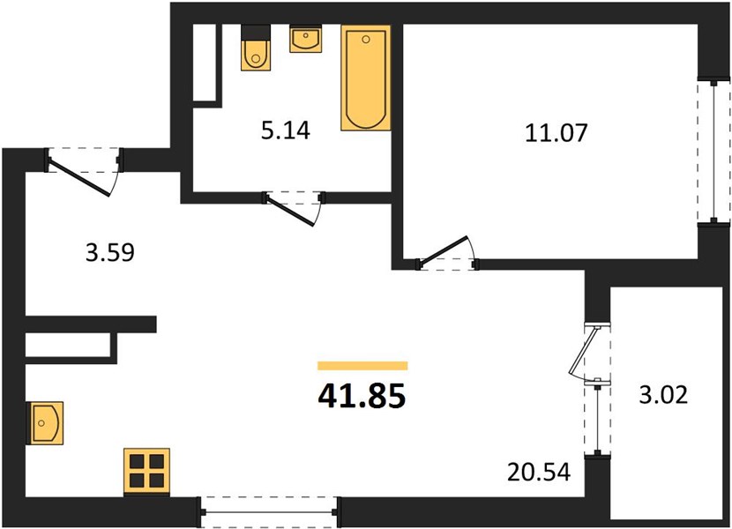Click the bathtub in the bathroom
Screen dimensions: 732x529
[365, 78]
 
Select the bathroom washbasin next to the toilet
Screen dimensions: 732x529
[306, 40]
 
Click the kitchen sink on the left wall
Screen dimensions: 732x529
[47, 423]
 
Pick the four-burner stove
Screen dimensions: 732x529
[146, 472]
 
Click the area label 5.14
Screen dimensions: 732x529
[285, 130]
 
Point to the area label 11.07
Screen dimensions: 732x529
[556, 132]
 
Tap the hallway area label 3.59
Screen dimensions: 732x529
[110, 252]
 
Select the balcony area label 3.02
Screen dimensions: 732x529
[663, 395]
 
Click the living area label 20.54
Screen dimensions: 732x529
[539, 473]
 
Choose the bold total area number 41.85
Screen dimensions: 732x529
[362, 397]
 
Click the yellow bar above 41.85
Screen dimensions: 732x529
[362, 366]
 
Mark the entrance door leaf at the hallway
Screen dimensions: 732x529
[78, 178]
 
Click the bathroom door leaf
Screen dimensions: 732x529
[290, 212]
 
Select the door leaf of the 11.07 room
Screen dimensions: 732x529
[443, 251]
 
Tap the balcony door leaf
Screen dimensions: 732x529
[584, 351]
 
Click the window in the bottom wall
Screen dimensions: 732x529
[269, 512]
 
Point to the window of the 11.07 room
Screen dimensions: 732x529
[713, 152]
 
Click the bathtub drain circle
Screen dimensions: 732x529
[366, 40]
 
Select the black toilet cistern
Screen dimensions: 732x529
[256, 33]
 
